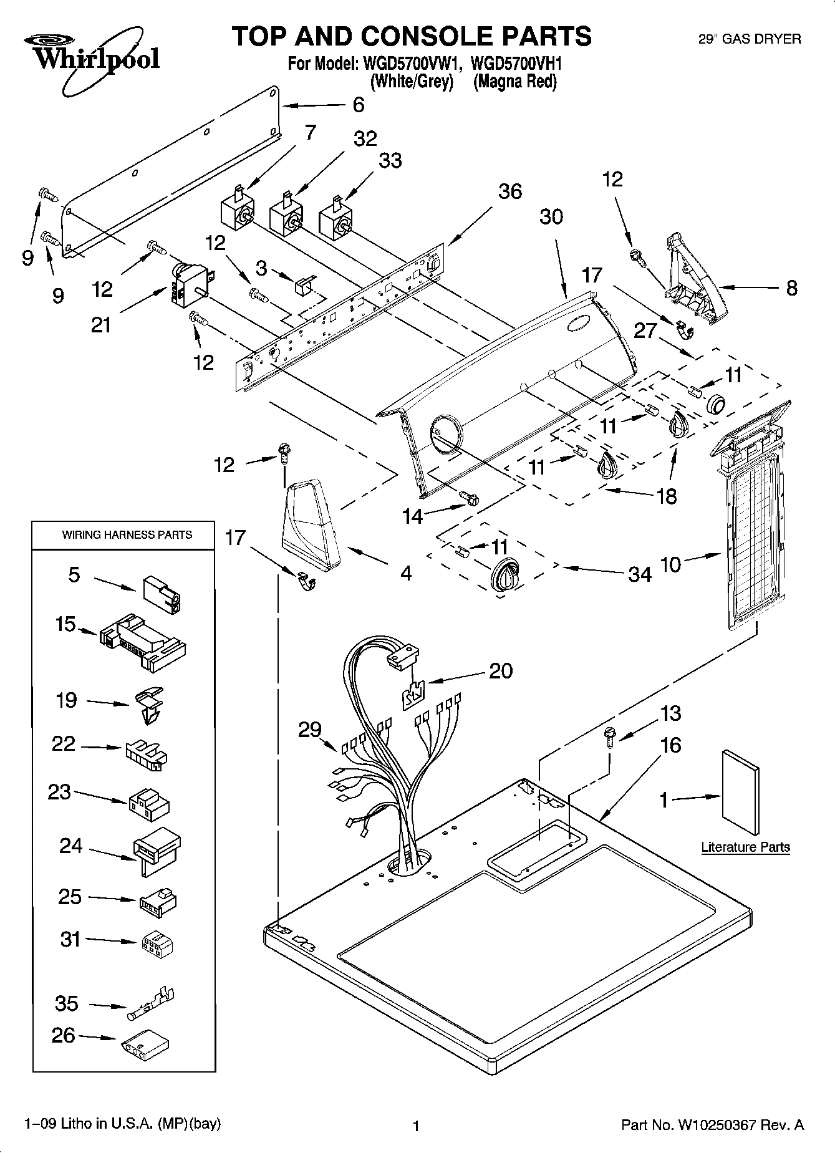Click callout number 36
[x=509, y=191]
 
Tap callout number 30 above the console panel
[x=551, y=216]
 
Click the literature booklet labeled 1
[x=741, y=792]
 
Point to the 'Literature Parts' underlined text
[x=745, y=847]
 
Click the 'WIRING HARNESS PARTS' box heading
[x=127, y=534]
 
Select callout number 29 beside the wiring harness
[x=310, y=729]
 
